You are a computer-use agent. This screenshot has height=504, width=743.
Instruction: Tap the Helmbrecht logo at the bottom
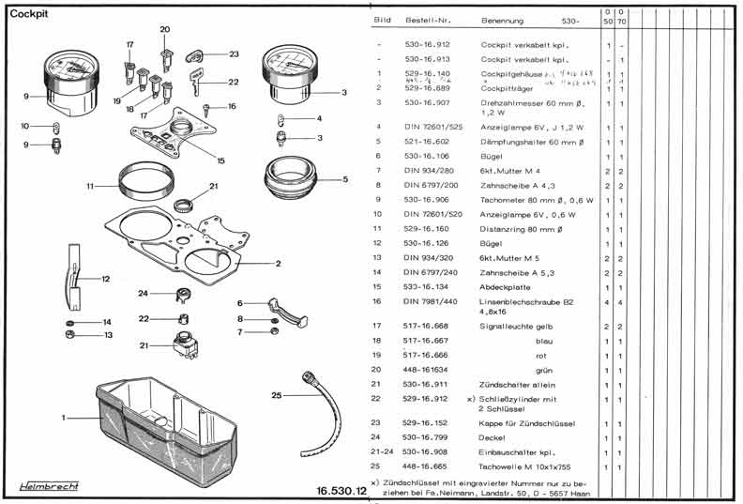pyautogui.click(x=50, y=486)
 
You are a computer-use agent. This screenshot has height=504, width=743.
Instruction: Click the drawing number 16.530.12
pyautogui.click(x=340, y=490)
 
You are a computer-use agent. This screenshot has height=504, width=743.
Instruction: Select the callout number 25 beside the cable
pyautogui.click(x=277, y=395)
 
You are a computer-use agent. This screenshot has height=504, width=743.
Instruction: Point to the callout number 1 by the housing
pyautogui.click(x=64, y=417)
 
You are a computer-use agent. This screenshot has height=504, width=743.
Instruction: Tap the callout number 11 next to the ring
pyautogui.click(x=90, y=187)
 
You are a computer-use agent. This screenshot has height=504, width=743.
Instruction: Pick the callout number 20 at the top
pyautogui.click(x=165, y=30)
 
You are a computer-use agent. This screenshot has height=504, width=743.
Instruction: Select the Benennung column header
pyautogui.click(x=503, y=20)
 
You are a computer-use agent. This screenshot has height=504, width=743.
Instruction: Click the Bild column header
pyautogui.click(x=383, y=20)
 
